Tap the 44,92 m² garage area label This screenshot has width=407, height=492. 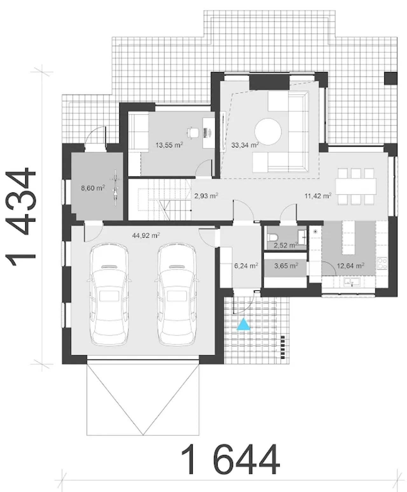point(146,235)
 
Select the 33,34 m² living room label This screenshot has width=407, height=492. point(245,145)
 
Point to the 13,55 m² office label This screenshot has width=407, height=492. point(169,145)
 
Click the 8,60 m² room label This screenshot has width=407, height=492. point(93,188)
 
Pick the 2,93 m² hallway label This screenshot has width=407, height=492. point(206,196)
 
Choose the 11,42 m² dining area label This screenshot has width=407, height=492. point(318,196)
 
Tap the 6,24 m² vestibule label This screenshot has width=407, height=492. point(246,266)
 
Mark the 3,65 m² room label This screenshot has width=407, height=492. point(286,266)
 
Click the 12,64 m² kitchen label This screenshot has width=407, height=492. point(351,266)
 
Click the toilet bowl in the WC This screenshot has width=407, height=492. point(272,237)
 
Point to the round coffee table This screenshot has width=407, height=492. point(268,131)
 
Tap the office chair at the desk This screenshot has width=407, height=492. point(193,133)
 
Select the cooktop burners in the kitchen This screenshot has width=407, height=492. point(382,263)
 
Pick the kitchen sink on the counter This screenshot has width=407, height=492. point(352,282)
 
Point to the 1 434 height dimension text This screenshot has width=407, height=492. point(21,216)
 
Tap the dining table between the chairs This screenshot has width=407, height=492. point(356,186)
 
